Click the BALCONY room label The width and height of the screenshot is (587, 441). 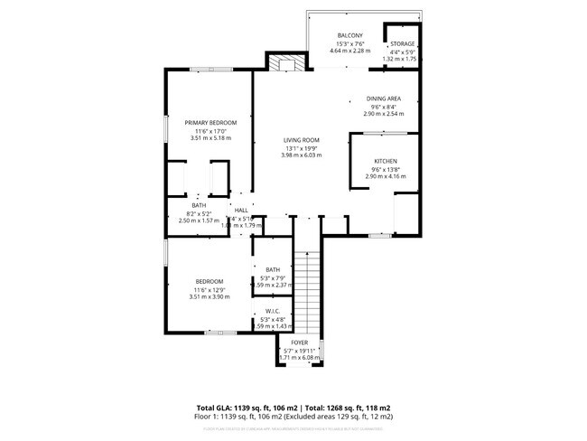pos(350,35)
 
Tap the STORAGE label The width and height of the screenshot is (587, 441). pos(403,43)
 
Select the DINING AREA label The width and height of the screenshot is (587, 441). pos(384,99)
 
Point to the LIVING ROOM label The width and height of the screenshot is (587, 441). pos(302,140)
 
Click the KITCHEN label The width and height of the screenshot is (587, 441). pos(386,161)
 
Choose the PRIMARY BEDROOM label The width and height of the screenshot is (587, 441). pos(210,123)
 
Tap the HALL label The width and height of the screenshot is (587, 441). pos(241,211)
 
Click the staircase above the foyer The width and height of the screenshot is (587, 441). pos(307,289)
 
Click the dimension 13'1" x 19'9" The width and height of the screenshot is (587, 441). pos(302,148)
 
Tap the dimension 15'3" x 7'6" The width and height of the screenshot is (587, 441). pos(350,43)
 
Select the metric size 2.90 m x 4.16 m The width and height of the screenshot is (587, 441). pos(386,176)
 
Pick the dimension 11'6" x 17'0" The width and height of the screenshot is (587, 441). pos(210,131)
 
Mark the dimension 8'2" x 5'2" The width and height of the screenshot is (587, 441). pos(200,214)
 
